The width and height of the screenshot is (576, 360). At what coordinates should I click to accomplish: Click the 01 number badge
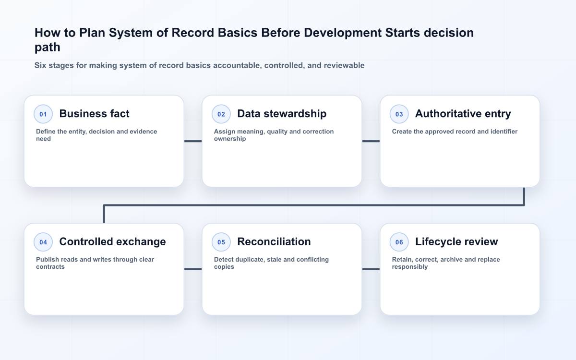[x=43, y=114]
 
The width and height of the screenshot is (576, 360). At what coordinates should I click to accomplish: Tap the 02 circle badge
[x=221, y=114]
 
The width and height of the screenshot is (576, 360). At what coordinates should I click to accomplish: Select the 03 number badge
[x=399, y=114]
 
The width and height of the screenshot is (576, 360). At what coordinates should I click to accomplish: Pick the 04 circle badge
[x=43, y=242]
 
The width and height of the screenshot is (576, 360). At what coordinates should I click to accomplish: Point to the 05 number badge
[x=221, y=242]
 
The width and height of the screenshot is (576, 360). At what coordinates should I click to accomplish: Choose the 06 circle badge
[x=399, y=242]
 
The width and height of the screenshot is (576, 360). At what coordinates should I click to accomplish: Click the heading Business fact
[x=95, y=114]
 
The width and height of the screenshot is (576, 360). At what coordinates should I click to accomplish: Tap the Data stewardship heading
[x=282, y=114]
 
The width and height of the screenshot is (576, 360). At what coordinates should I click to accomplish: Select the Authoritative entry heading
[x=463, y=114]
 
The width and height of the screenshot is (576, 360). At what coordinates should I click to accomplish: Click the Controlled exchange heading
[x=113, y=242]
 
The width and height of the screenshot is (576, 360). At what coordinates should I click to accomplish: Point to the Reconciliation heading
[x=274, y=242]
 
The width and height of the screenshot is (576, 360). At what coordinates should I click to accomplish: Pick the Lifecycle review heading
[x=456, y=242]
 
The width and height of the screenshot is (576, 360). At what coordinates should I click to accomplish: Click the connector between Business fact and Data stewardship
[x=193, y=141]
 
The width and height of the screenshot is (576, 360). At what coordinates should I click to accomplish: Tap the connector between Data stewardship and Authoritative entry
[x=371, y=141]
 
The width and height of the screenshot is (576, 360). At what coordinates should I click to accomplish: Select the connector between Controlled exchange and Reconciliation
[x=193, y=269]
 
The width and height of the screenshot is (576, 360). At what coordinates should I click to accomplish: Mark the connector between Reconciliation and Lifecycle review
[x=371, y=269]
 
